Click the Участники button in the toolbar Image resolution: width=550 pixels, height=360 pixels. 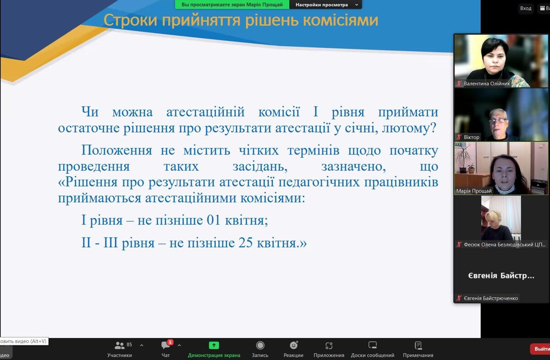coord(120,349)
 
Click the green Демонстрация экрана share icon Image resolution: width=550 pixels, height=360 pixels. coord(214,345)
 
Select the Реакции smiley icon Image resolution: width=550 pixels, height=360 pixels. coord(294,345)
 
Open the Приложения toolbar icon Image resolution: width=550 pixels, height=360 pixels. coord(329,345)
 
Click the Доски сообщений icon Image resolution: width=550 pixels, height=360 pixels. coord(373,345)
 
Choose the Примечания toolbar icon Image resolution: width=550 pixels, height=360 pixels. coord(418,345)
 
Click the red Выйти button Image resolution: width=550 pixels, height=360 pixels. coord(541,349)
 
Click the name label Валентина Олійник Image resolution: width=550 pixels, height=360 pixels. coord(487,83)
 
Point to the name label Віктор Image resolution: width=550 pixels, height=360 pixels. coord(472,137)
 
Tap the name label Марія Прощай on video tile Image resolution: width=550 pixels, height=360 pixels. coord(474,191)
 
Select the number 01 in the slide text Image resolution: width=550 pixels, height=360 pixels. coord(214,220)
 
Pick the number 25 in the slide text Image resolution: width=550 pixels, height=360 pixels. coord(246,243)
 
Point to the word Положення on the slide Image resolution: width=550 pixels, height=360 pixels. coord(116,150)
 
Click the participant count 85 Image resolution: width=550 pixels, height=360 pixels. coord(129,344)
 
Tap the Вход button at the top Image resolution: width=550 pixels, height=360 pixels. coord(526,8)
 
